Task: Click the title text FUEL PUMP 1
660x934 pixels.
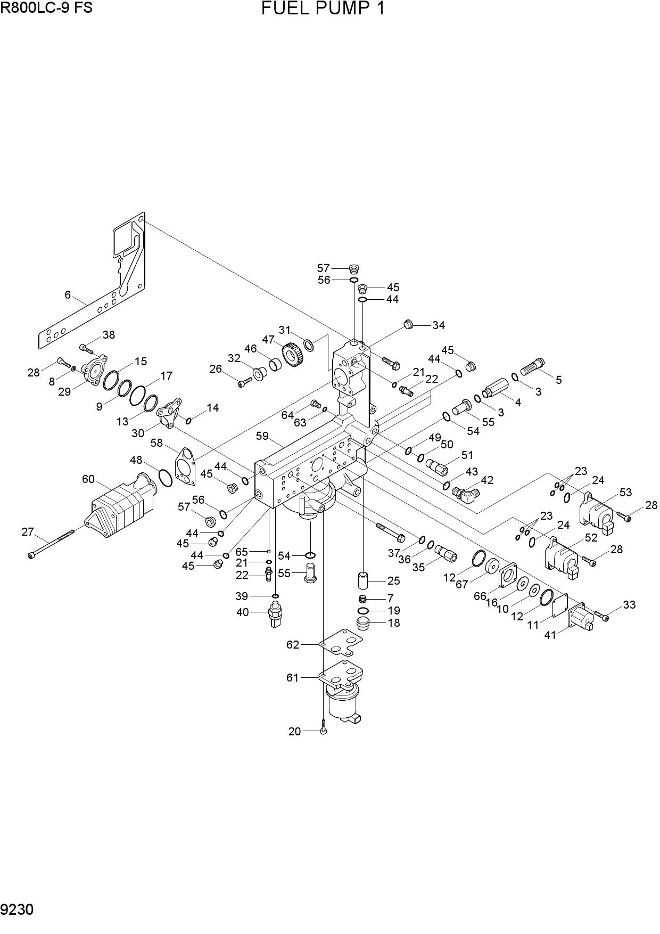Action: point(323,9)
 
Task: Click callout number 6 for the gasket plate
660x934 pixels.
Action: point(68,294)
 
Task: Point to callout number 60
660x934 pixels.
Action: point(88,479)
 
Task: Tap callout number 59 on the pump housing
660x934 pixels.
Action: point(262,436)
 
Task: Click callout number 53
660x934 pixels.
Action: point(625,492)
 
